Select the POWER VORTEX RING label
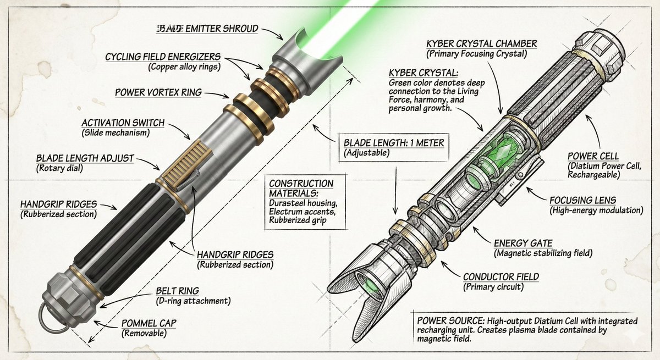(x=158, y=92)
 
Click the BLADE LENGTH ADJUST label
(x=85, y=158)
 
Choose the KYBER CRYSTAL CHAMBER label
(x=481, y=43)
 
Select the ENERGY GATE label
(x=522, y=243)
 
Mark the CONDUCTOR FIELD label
(x=501, y=276)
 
